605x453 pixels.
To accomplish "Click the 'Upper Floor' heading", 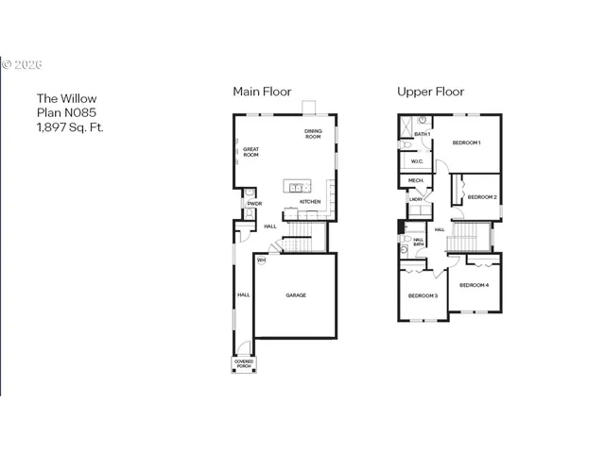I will [430, 92].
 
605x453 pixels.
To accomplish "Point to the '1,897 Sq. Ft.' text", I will [69, 126].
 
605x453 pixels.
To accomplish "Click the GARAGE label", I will [296, 295].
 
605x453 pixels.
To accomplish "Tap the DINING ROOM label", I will [313, 134].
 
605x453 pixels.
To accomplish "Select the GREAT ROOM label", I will [251, 152].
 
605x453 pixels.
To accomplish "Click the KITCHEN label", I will [310, 202].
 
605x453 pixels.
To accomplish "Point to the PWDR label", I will [254, 204].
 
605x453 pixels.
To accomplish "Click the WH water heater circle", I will [261, 260].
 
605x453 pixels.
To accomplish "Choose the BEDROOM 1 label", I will [466, 143].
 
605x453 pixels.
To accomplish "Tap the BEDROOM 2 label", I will [482, 197].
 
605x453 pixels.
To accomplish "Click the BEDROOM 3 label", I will [423, 295].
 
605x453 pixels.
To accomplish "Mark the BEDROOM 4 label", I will [474, 285].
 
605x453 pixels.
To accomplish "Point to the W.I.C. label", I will [416, 160].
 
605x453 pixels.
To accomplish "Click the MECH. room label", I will [415, 180].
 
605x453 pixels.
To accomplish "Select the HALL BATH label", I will [418, 243].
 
